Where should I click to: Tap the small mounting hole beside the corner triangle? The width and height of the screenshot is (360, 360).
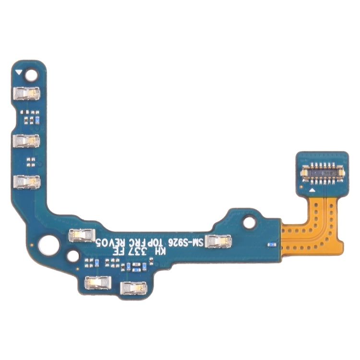(32, 75)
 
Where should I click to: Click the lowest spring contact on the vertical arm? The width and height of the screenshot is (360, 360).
(27, 183)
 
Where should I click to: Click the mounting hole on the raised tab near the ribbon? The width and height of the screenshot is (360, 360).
(249, 222)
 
